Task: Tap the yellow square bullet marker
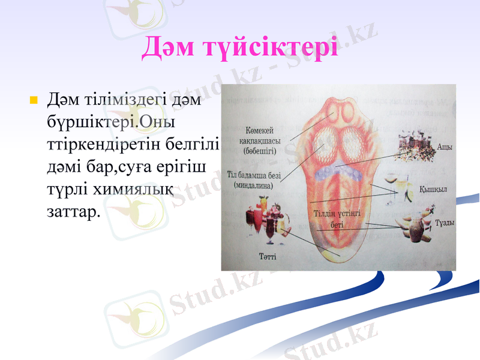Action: [34, 98]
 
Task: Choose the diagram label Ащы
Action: [445, 146]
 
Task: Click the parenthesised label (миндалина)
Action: [253, 186]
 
